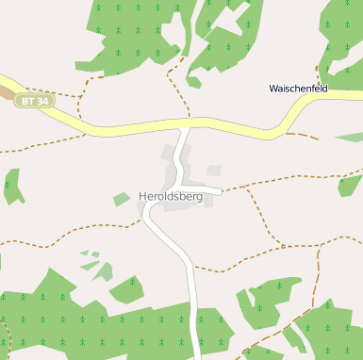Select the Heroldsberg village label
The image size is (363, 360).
tap(170, 197)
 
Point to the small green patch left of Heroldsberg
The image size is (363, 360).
tap(122, 199)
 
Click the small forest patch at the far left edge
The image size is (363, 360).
tap(12, 186)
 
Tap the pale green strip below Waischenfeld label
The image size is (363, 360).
tap(350, 138)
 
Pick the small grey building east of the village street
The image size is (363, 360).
tap(214, 171)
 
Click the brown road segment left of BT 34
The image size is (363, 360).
tap(8, 93)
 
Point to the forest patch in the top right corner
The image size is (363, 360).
tap(344, 38)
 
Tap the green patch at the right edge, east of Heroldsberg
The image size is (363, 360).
tap(350, 185)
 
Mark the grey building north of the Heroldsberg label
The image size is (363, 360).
tap(171, 153)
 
